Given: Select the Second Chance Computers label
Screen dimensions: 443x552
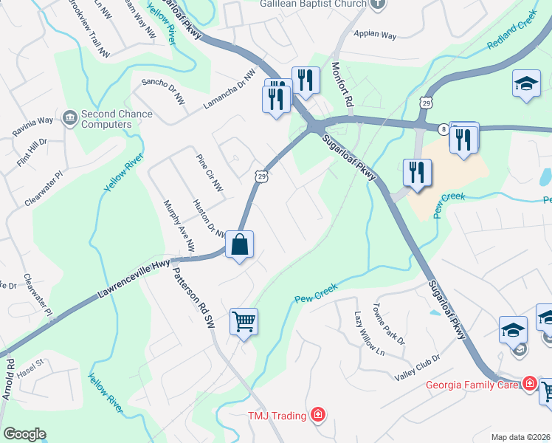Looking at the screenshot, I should point(117,119).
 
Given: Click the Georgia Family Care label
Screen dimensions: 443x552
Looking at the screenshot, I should point(472,385).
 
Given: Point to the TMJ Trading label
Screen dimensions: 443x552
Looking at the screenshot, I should point(277,416).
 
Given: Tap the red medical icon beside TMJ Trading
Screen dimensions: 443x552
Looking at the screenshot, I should point(318,416).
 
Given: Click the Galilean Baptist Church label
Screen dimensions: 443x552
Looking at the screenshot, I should point(313,4).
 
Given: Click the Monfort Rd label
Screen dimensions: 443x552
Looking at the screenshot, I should point(343,88).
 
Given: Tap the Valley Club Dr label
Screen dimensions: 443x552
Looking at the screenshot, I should point(417,357).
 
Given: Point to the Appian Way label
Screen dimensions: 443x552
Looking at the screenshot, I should point(375,34).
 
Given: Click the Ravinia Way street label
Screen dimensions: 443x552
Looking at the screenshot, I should point(32,126).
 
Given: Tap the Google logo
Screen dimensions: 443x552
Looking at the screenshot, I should point(24,434).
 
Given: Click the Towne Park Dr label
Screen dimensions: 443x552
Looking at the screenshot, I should point(389,325).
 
